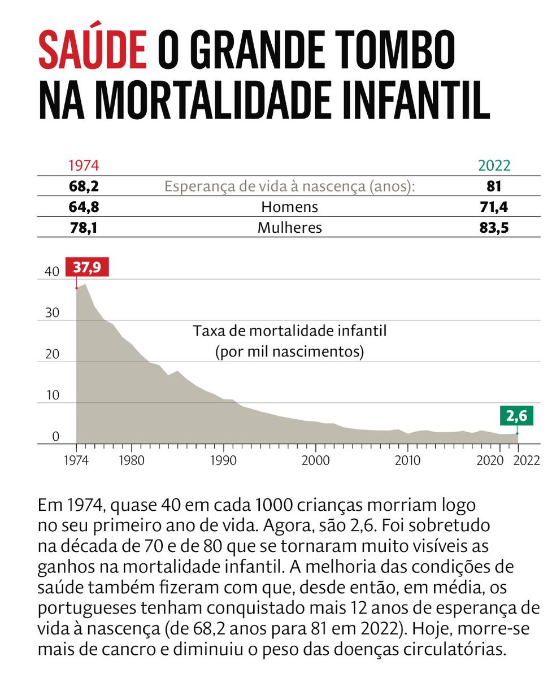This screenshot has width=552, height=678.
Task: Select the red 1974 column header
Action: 84,166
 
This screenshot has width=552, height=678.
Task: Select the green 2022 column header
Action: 494,166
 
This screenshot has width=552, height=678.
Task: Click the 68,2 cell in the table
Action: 84,186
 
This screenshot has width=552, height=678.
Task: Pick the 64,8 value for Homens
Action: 84,207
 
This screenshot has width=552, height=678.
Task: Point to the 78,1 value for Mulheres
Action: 84,228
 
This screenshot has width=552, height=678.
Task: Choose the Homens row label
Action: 289,207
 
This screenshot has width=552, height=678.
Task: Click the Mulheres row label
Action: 289,228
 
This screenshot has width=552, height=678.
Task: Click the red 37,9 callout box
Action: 86,267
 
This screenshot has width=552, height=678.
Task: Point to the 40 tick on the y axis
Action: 52,272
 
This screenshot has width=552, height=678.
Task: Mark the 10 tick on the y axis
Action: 52,395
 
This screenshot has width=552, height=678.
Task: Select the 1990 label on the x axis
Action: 224,460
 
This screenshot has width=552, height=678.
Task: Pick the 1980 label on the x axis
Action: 131,460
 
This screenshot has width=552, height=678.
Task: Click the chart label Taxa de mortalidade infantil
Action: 289,331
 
